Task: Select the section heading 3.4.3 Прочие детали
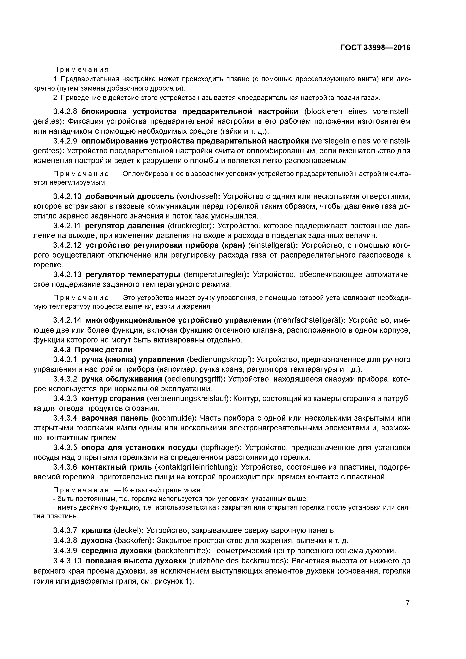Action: tap(93, 350)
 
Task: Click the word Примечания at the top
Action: tap(81, 70)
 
